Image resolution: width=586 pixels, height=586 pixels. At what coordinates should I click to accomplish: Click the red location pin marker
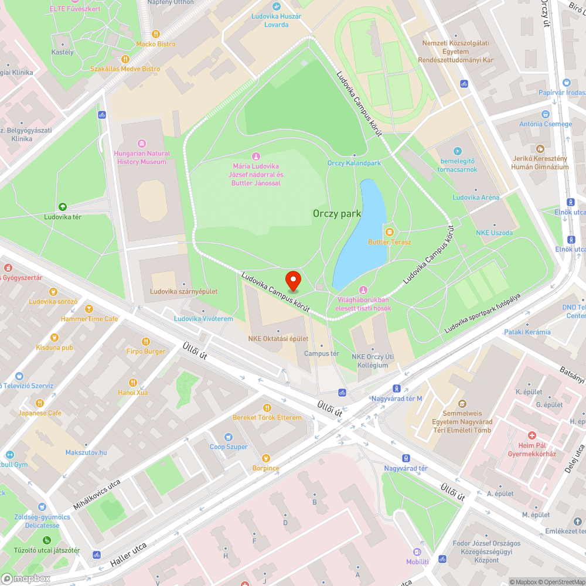(x=292, y=280)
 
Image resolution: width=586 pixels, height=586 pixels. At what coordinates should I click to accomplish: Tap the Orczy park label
(x=336, y=214)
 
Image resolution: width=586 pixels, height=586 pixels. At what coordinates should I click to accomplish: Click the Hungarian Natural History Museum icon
(x=141, y=144)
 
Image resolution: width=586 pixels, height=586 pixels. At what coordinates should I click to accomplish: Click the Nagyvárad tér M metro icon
(x=397, y=388)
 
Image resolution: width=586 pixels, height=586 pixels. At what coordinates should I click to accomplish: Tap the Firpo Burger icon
(x=146, y=341)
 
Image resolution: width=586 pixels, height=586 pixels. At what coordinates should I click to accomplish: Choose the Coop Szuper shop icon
(x=229, y=437)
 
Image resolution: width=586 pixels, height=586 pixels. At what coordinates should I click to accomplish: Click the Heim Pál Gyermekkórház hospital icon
(x=532, y=435)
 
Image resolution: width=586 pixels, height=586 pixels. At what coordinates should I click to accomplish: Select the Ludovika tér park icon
(x=62, y=207)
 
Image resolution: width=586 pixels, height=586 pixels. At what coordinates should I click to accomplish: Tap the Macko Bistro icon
(x=155, y=34)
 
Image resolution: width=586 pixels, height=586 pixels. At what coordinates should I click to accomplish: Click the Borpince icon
(x=265, y=458)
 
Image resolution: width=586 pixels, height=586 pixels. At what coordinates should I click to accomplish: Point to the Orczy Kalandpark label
(x=354, y=163)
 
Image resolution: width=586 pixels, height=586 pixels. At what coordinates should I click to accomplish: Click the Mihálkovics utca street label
(x=97, y=494)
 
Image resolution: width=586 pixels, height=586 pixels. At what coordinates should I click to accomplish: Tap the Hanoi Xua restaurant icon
(x=133, y=382)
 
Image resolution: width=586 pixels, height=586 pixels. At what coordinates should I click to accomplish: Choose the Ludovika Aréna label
(x=476, y=197)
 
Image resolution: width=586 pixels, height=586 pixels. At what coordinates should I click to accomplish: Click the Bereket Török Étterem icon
(x=267, y=407)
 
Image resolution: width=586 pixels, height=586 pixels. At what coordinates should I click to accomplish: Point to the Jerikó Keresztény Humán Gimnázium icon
(x=540, y=149)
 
